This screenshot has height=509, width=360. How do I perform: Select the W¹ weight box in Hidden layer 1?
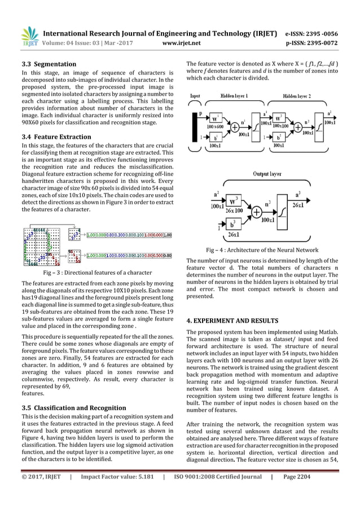point(215,120)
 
